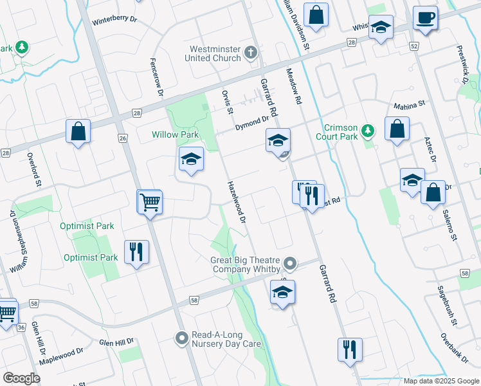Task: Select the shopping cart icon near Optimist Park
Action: click(x=150, y=202)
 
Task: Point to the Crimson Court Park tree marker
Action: click(x=367, y=131)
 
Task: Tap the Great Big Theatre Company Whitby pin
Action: click(x=291, y=264)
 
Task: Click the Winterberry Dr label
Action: click(x=115, y=20)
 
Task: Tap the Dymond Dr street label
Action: click(x=251, y=123)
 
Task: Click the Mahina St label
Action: click(x=410, y=104)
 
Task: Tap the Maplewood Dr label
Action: click(x=61, y=356)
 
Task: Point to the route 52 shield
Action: click(x=413, y=47)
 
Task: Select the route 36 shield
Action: click(x=21, y=327)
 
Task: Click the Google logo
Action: click(x=22, y=378)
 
